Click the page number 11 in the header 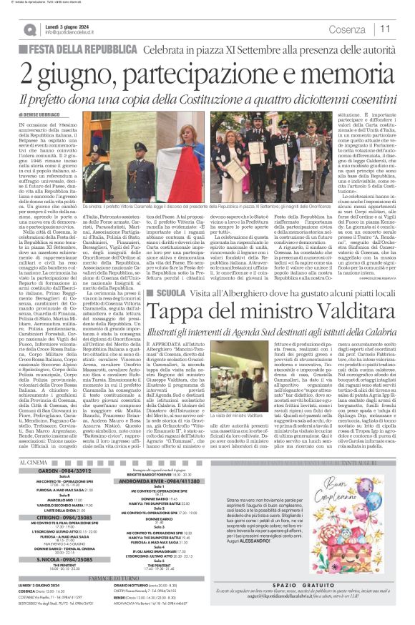tap(385, 29)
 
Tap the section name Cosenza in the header tap(348, 29)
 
